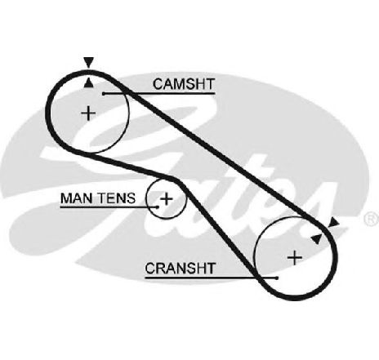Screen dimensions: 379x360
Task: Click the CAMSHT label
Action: pyautogui.click(x=184, y=84)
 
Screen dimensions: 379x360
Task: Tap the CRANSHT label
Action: pyautogui.click(x=181, y=269)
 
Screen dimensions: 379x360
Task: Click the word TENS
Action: pyautogui.click(x=117, y=198)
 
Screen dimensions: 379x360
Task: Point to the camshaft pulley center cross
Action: pyautogui.click(x=88, y=113)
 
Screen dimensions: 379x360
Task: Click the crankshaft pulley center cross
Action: pyautogui.click(x=295, y=257)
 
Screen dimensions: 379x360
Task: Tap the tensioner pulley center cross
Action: pyautogui.click(x=166, y=199)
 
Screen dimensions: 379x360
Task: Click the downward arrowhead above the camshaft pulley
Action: pyautogui.click(x=88, y=62)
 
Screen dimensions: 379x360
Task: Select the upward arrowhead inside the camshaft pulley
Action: pyautogui.click(x=88, y=83)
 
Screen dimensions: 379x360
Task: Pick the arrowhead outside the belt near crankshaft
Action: pyautogui.click(x=334, y=222)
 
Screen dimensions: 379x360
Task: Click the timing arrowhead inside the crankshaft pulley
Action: pyautogui.click(x=316, y=238)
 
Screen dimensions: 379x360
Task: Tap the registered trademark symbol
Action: pyautogui.click(x=372, y=219)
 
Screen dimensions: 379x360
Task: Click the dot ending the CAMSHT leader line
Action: pyautogui.click(x=104, y=94)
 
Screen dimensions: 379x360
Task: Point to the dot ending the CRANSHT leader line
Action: pyautogui.click(x=277, y=278)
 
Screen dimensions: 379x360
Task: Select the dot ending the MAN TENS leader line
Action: pyautogui.click(x=158, y=207)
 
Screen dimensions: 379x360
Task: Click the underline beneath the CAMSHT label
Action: pyautogui.click(x=159, y=94)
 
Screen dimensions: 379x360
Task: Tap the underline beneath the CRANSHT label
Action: pyautogui.click(x=211, y=278)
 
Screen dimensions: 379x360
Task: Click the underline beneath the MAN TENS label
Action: pyautogui.click(x=109, y=207)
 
